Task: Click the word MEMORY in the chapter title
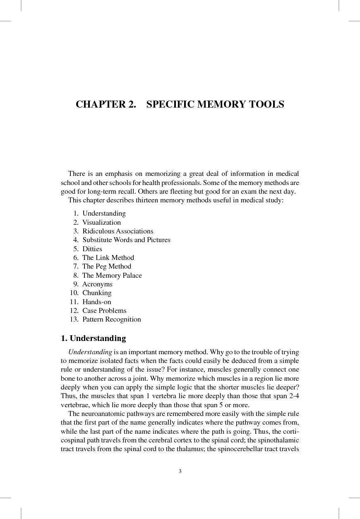pos(221,104)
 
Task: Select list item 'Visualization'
pos(101,222)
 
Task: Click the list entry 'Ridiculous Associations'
pos(118,231)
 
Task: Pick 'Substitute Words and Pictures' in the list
pos(126,240)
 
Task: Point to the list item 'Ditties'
pos(92,249)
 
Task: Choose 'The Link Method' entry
pos(108,257)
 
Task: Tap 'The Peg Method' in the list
pos(106,266)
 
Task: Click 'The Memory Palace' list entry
pos(112,275)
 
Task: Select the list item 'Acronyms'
pos(97,284)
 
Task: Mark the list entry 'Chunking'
pos(97,293)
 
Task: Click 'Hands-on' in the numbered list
pos(96,302)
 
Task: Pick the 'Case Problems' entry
pos(104,310)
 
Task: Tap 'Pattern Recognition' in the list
pos(111,319)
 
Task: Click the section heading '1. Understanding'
pos(93,338)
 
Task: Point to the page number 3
pos(180,471)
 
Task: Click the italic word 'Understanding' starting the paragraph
pos(90,352)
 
